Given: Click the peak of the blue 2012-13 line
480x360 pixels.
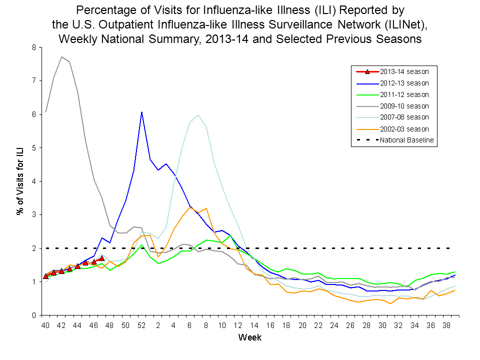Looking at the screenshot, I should [142, 112].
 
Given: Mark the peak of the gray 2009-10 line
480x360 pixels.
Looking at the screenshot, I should [61, 57].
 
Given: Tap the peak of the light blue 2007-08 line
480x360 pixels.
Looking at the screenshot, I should [198, 115].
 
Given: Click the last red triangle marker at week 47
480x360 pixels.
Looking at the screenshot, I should [101, 258].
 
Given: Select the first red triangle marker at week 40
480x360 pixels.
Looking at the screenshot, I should [46, 276].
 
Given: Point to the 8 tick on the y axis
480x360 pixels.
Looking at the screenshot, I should [33, 47].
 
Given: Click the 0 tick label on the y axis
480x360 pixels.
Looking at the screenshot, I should [33, 315].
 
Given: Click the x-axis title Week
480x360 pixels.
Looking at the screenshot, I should [249, 337].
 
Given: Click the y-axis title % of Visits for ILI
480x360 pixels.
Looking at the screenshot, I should [20, 181].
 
